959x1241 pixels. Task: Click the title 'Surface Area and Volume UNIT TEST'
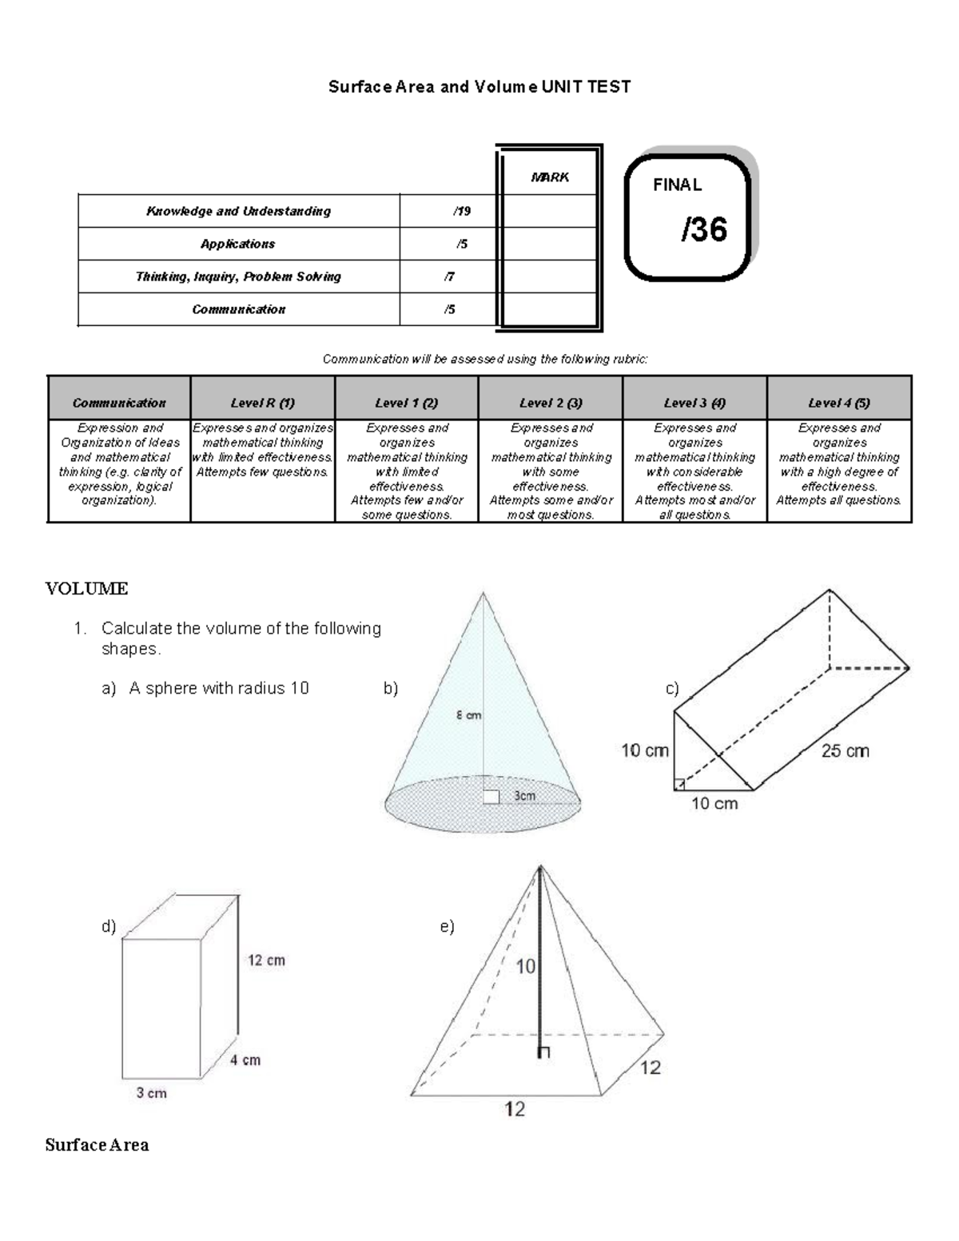coord(479,87)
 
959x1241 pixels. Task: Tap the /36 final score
coord(704,230)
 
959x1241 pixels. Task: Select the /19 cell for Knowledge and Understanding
coord(461,212)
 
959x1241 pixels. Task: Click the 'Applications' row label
coord(237,245)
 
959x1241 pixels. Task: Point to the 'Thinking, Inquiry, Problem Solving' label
coord(238,277)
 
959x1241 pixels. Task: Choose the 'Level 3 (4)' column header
coord(694,404)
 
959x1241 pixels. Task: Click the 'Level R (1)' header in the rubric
coord(262,404)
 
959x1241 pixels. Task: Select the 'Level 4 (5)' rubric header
coord(838,404)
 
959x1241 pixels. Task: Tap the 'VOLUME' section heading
coord(86,589)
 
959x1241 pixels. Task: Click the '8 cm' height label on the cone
coord(468,715)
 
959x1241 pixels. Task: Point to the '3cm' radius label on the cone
coord(524,796)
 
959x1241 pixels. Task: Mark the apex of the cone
coord(483,593)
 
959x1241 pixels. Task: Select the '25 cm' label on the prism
coord(845,751)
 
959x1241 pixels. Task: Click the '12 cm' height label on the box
coord(266,961)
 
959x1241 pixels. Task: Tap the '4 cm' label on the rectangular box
coord(245,1060)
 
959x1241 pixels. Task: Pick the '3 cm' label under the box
coord(151,1093)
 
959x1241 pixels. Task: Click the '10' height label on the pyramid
coord(525,967)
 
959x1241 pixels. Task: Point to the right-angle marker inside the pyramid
coord(544,1052)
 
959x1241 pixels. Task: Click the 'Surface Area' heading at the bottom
coord(97,1145)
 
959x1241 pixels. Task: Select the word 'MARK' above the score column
coord(550,177)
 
